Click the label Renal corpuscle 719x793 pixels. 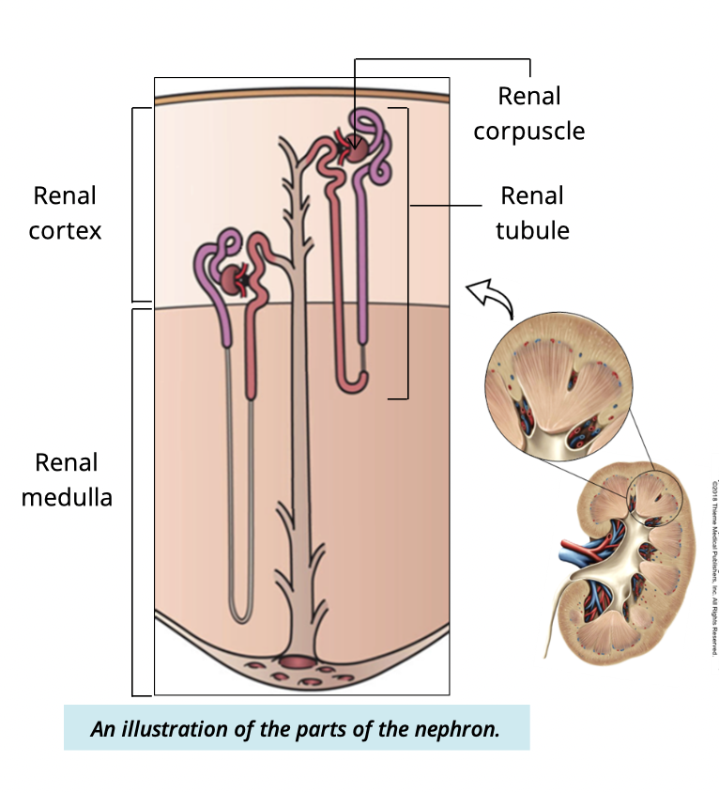coord(529,113)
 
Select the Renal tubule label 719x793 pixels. coord(532,212)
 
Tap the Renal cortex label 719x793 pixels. coord(65,212)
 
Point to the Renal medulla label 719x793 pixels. coord(67,478)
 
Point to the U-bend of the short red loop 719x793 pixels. coord(354,381)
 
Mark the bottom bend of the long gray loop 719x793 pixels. coord(240,615)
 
